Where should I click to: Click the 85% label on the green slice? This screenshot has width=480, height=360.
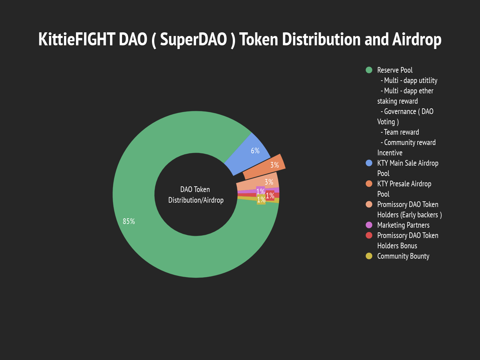click(x=129, y=221)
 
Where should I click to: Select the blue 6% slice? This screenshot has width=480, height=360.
click(x=248, y=154)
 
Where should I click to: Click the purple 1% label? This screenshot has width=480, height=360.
click(x=260, y=191)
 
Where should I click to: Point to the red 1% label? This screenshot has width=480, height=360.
click(x=270, y=196)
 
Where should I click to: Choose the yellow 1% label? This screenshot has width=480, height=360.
click(x=261, y=200)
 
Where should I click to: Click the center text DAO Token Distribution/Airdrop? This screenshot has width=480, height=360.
click(x=196, y=195)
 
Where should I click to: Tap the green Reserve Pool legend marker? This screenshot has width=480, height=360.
click(x=369, y=70)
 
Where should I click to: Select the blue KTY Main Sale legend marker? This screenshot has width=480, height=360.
click(x=369, y=163)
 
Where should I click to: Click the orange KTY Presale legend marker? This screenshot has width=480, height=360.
click(x=369, y=184)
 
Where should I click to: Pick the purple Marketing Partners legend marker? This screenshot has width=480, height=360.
click(x=369, y=225)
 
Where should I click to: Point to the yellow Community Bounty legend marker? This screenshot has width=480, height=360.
click(x=369, y=256)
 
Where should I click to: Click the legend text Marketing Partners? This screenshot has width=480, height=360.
click(x=403, y=225)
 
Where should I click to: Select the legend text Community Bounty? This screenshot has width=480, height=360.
click(x=403, y=256)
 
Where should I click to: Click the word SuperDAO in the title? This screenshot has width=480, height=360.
click(x=194, y=39)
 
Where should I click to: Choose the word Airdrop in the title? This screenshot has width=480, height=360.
click(x=417, y=40)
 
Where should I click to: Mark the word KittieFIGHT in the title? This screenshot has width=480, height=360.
click(x=77, y=39)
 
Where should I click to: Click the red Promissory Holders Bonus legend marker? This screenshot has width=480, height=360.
click(x=369, y=235)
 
